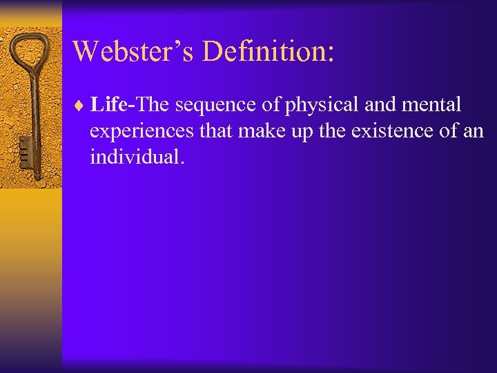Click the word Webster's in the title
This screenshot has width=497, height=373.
coord(127,51)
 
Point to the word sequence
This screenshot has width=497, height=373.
coord(217,106)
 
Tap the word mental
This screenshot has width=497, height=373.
coord(432,105)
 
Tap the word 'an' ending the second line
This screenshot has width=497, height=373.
coord(474,131)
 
